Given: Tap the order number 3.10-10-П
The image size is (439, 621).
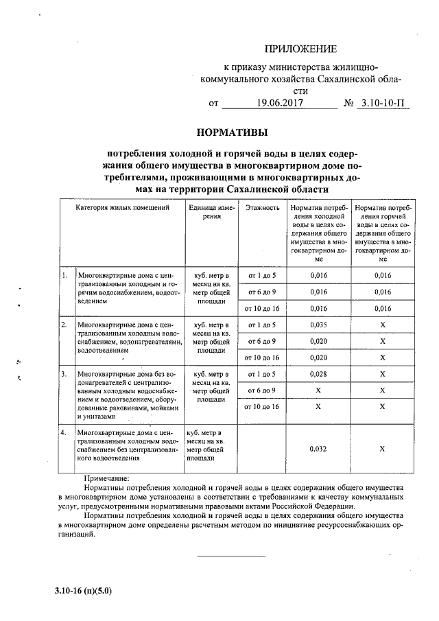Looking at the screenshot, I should (383, 104).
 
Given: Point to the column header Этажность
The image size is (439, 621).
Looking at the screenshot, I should (261, 207).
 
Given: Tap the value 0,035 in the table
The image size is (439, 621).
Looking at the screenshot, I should (318, 325).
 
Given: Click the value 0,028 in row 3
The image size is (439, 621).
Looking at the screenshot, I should (318, 374).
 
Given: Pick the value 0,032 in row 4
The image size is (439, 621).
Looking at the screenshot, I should (318, 449).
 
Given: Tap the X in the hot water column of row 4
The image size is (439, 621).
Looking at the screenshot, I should (383, 449).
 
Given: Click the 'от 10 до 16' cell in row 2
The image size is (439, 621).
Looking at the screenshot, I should (261, 358).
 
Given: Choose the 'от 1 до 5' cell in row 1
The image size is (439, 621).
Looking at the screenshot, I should (261, 276).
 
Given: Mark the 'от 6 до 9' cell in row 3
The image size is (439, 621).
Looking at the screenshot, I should (261, 390).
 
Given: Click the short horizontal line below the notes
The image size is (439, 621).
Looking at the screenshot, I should (231, 555).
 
